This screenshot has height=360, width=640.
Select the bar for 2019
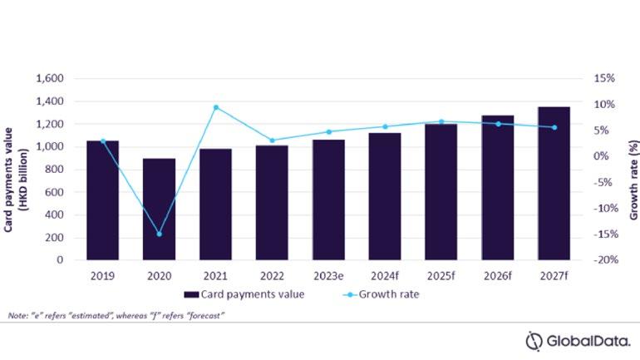pyautogui.click(x=102, y=200)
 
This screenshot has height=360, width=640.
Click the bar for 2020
pyautogui.click(x=159, y=209)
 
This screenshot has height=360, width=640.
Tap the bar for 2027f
pyautogui.click(x=554, y=183)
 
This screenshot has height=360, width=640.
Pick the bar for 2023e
pyautogui.click(x=328, y=200)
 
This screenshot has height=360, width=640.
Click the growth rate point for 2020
pyautogui.click(x=159, y=234)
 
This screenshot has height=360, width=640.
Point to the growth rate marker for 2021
pyautogui.click(x=215, y=107)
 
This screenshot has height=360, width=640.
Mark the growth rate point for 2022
pyautogui.click(x=272, y=141)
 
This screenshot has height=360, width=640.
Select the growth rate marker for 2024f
pyautogui.click(x=385, y=127)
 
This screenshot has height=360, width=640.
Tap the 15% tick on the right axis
pyautogui.click(x=604, y=78)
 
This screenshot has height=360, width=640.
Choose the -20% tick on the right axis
pyautogui.click(x=603, y=259)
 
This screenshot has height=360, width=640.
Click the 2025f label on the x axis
pyautogui.click(x=441, y=275)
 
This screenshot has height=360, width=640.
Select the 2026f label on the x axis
pyautogui.click(x=498, y=275)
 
